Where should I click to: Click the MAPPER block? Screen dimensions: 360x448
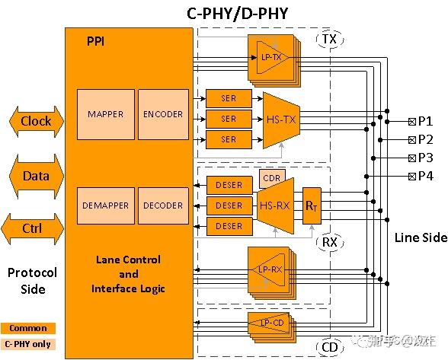[105, 114]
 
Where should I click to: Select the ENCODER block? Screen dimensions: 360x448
[163, 114]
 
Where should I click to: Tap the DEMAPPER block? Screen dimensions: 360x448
[105, 205]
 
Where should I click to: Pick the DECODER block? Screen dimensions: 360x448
[163, 205]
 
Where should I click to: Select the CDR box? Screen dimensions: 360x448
[271, 178]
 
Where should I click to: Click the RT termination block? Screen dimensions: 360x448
[312, 205]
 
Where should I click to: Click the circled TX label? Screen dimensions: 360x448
[329, 39]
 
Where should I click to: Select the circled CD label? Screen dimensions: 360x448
[329, 348]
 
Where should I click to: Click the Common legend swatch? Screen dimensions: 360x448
[28, 329]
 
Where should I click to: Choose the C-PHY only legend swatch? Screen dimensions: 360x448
[28, 344]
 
